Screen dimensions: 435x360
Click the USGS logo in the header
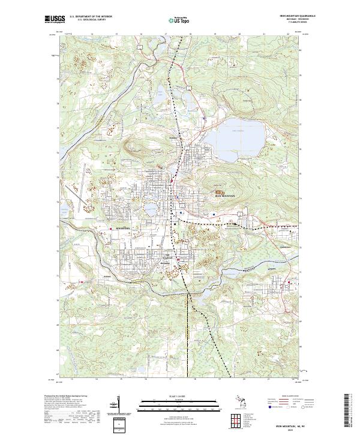pos(55,19)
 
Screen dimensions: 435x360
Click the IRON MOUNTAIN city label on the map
pos(225,196)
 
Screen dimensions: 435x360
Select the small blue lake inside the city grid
pos(149,210)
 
